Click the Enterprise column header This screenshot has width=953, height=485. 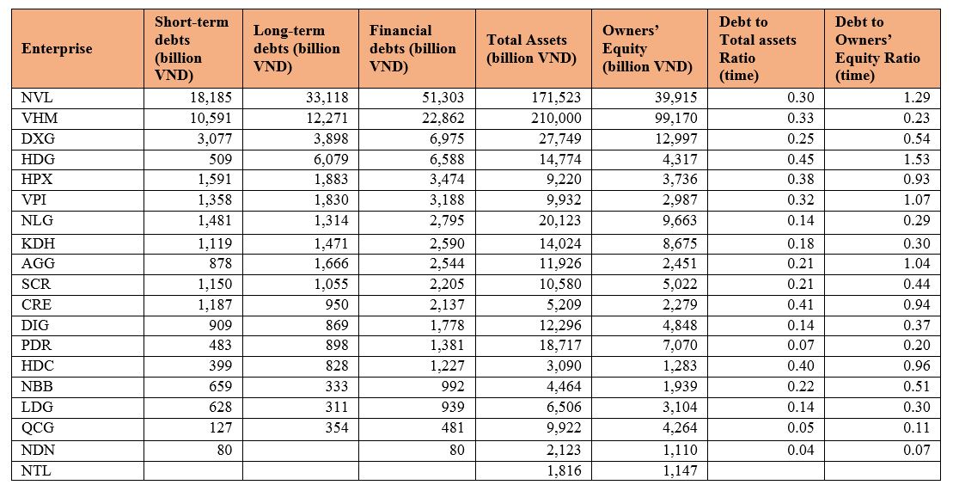(57, 49)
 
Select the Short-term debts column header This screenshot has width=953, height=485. (192, 49)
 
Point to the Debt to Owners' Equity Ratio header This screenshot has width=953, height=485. (877, 49)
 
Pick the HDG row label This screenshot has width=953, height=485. (34, 159)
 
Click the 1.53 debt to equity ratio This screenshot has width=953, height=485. (917, 159)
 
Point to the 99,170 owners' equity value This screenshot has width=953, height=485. (675, 118)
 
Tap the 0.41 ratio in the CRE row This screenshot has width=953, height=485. (801, 304)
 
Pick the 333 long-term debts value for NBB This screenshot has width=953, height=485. (338, 386)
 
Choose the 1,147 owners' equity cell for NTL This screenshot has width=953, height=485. (680, 470)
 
